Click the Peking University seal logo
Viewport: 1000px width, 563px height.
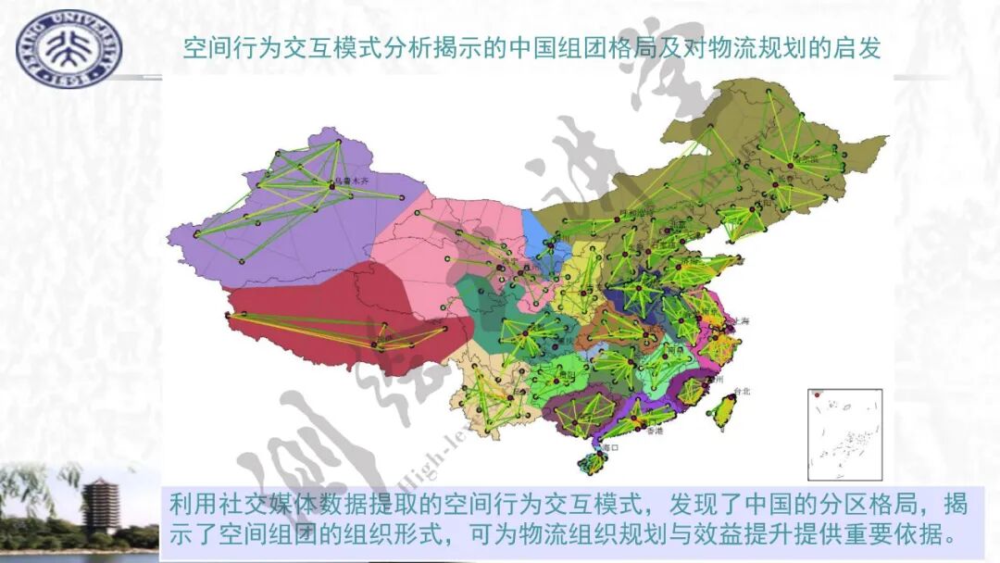pyautogui.click(x=69, y=48)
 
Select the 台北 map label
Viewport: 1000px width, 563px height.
pyautogui.click(x=741, y=392)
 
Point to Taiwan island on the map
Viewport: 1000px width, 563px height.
pyautogui.click(x=723, y=408)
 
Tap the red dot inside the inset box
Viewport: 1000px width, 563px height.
pyautogui.click(x=817, y=395)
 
